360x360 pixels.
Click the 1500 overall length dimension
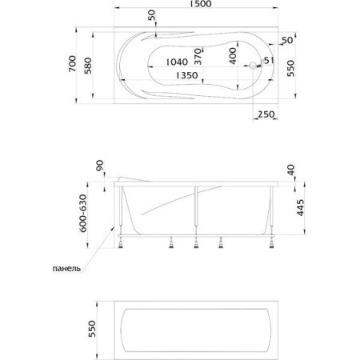pos(201,4)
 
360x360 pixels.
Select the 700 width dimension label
pos(72,63)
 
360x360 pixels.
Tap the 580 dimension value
pos(88,66)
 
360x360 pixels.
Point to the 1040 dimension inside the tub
pos(177,62)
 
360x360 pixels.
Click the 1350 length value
pos(186,75)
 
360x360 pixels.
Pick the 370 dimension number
pos(198,57)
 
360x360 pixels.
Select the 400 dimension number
pos(233,56)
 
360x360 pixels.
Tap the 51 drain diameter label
pos(269,61)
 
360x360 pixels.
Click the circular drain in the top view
pos(252,66)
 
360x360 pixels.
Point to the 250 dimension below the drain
pos(266,114)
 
